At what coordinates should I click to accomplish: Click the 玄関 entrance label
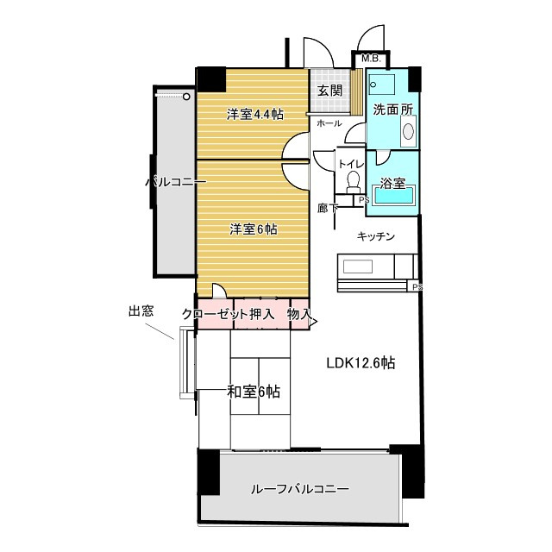coord(329,91)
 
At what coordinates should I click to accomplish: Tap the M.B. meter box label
coord(371,59)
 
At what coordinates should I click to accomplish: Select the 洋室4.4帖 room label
coord(255,115)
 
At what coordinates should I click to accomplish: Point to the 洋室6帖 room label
coord(254,229)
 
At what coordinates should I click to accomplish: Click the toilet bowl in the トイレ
coord(353,180)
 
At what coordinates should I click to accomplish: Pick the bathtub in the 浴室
coord(394,195)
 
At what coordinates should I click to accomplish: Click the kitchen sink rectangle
coord(358,267)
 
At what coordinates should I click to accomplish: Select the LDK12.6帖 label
coord(361,363)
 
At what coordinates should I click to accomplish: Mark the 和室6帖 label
coord(254,392)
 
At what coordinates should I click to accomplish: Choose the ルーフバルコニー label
coord(300,489)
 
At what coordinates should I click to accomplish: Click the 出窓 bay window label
coord(141,311)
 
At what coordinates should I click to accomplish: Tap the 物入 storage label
coord(299,314)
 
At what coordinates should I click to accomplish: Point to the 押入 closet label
coord(261,314)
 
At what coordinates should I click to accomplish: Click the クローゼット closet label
coord(215,314)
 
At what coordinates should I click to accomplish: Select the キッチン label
coord(376,236)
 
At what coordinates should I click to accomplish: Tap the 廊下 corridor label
coord(328,209)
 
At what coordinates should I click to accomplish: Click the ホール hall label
coord(329,123)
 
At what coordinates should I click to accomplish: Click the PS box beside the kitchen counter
coord(414,286)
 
